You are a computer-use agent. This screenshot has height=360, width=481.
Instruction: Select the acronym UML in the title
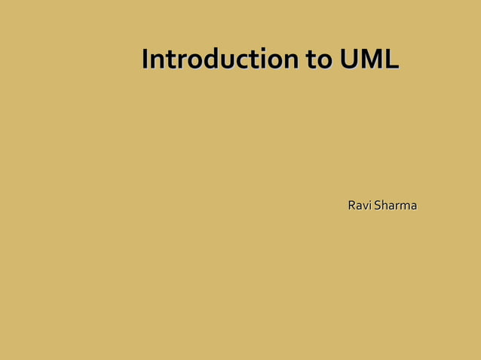click(369, 59)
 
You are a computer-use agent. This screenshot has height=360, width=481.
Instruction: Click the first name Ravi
click(357, 206)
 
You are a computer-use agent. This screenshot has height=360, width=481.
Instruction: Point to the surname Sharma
click(394, 206)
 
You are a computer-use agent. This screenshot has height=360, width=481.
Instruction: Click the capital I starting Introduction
click(146, 59)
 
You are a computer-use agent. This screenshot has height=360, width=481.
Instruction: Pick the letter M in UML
click(370, 59)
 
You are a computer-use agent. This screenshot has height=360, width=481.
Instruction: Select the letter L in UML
click(391, 59)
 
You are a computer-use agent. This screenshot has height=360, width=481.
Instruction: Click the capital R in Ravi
click(352, 206)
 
